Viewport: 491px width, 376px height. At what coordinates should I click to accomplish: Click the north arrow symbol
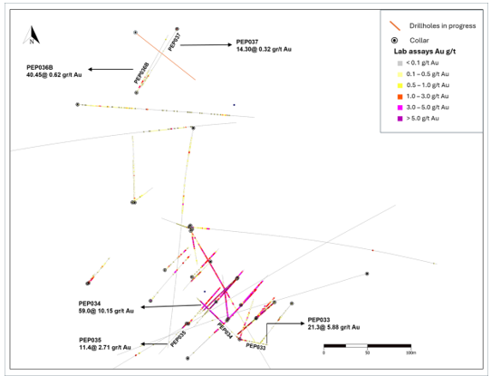click(x=32, y=35)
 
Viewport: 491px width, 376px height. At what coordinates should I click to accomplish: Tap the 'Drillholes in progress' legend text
click(x=442, y=26)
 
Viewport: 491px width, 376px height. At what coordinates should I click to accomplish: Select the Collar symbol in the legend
click(x=395, y=41)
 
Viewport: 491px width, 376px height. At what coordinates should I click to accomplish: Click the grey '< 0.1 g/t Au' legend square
click(x=400, y=63)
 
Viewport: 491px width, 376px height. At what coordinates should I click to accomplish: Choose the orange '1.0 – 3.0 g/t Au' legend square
click(x=400, y=96)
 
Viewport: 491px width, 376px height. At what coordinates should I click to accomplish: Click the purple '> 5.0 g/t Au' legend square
click(x=400, y=119)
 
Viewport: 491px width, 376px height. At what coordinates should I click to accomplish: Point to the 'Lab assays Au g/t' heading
click(x=425, y=52)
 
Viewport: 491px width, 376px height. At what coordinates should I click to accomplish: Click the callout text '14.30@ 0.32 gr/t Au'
click(x=264, y=50)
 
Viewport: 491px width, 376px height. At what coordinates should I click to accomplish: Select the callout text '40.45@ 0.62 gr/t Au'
click(x=54, y=75)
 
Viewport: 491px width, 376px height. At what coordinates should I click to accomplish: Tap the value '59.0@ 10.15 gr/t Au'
click(x=106, y=311)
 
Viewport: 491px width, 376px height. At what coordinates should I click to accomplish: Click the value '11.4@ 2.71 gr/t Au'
click(x=105, y=348)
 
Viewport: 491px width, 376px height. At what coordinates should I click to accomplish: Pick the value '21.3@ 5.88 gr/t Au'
click(x=333, y=327)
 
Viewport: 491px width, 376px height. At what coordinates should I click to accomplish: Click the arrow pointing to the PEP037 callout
click(x=206, y=45)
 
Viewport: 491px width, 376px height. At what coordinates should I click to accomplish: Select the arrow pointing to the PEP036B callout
click(x=111, y=69)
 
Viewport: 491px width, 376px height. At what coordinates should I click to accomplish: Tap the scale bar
click(x=367, y=346)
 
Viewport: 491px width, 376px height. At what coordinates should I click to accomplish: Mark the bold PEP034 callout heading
click(x=90, y=304)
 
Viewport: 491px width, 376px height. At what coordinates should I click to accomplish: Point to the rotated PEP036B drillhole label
click(x=141, y=73)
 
